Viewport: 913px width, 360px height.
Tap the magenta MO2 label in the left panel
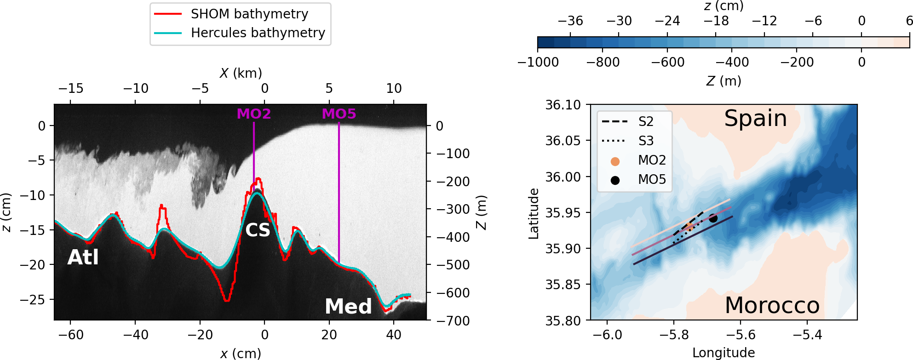point(253,114)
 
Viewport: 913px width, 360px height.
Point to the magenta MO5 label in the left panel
point(339,114)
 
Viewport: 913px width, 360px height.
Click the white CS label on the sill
point(258,230)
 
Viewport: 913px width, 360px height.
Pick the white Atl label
point(83,257)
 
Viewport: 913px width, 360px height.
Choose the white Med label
point(348,306)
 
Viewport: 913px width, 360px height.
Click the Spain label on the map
point(755,118)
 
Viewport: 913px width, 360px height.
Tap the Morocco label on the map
point(772,305)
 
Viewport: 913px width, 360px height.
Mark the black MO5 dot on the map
point(713,218)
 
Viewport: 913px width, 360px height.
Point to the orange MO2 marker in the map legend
point(615,161)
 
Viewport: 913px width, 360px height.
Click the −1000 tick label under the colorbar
point(538,62)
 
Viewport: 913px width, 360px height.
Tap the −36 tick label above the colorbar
point(570,21)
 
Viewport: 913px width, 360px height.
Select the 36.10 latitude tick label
point(563,105)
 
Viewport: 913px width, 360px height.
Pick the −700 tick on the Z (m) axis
point(453,321)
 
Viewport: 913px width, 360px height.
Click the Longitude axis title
point(724,353)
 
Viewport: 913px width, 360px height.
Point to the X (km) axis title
point(241,73)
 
